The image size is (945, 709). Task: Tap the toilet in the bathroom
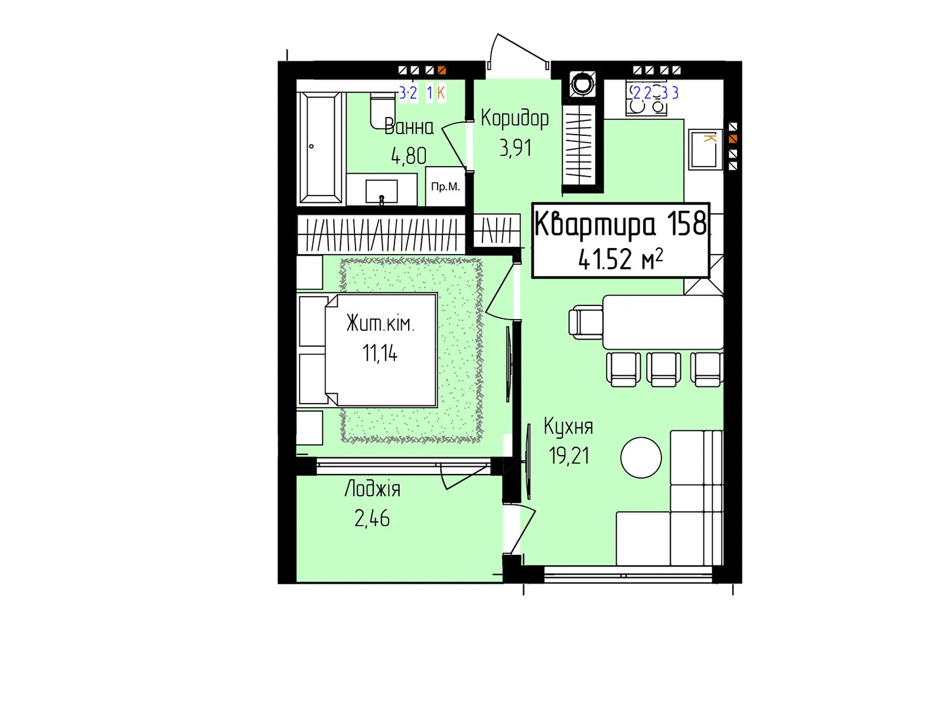point(382,110)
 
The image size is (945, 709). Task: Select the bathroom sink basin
point(382,191)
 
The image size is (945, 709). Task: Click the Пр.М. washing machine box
point(445,186)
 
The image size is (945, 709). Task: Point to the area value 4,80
point(409,155)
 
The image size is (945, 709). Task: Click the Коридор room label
point(514,118)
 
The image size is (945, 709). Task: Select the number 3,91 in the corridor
point(516,148)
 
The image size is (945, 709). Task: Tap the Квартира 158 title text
point(620,223)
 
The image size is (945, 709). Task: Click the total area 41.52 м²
point(620,259)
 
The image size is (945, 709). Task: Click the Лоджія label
point(373,489)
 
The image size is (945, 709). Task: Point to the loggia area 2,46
point(372,518)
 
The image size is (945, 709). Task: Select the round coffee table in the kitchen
point(641,457)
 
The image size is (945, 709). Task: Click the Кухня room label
point(568,426)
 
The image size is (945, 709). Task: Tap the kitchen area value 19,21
point(569,456)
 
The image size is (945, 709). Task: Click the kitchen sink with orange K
point(705,149)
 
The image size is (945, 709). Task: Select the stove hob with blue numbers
point(646,99)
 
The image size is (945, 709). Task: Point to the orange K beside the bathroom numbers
point(441,93)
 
